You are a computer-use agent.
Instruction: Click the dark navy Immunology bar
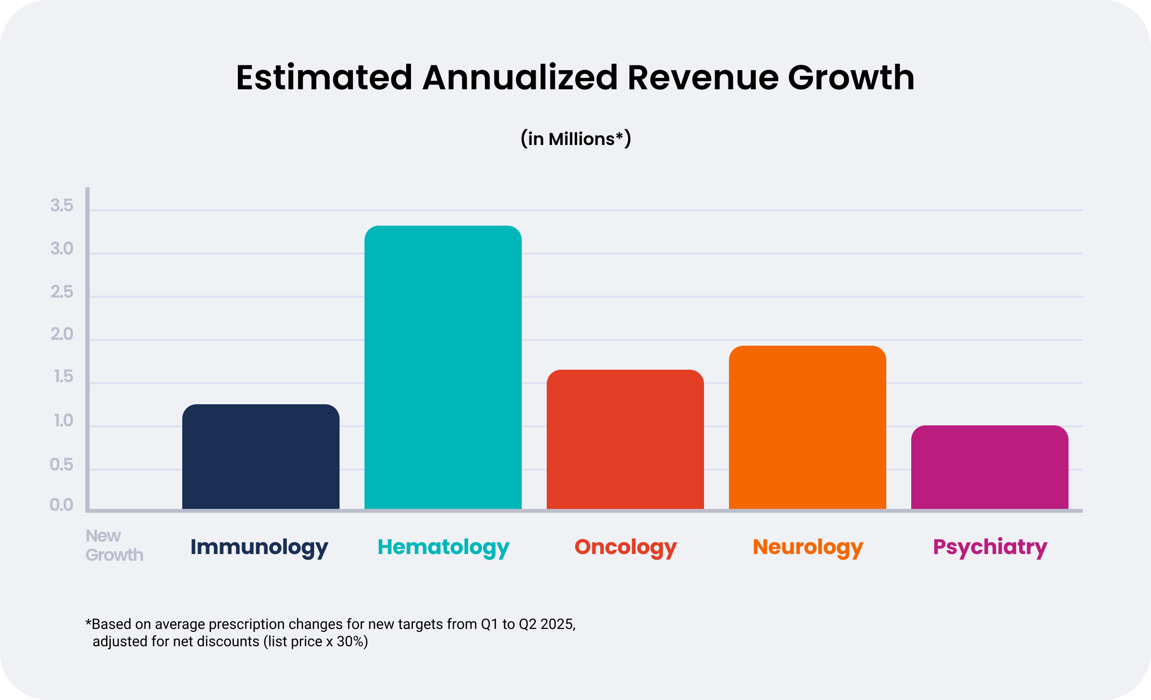point(260,456)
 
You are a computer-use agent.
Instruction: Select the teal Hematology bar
point(443,367)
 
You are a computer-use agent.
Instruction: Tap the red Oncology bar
point(625,439)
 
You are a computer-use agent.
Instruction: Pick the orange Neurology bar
point(807,427)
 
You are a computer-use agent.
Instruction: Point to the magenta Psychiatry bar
point(989,467)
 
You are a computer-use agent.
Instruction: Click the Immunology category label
point(259,547)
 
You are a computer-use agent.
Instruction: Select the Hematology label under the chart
point(443,547)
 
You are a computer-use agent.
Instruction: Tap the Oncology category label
point(625,547)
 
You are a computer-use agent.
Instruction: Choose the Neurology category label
point(808,547)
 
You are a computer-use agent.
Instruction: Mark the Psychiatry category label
point(990,547)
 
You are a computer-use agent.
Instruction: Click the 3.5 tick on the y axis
point(62,205)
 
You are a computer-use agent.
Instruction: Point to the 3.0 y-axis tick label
point(62,249)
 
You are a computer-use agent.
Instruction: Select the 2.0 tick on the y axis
point(62,334)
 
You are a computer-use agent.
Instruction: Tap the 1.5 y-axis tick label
point(63,377)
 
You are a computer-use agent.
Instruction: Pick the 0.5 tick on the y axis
point(61,464)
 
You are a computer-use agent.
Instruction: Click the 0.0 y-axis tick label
point(61,505)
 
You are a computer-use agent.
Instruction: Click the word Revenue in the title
point(703,78)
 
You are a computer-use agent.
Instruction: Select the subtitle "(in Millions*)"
point(575,139)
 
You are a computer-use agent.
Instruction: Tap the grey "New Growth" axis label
point(114,545)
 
